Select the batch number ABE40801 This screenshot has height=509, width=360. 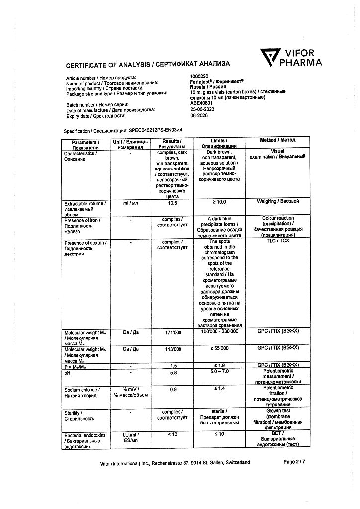[x=202, y=104]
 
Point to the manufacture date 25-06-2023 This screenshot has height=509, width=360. [x=203, y=110]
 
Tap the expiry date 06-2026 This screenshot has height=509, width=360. [x=199, y=115]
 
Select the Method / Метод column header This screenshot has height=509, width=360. [x=277, y=140]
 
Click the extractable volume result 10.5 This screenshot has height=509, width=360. [x=173, y=203]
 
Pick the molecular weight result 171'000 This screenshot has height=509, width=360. [x=172, y=332]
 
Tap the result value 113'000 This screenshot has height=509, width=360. [x=172, y=349]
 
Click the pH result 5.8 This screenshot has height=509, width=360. [x=173, y=372]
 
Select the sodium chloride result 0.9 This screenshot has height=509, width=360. [x=173, y=390]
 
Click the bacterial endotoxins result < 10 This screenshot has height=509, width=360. [x=172, y=435]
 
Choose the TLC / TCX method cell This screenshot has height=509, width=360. [x=277, y=242]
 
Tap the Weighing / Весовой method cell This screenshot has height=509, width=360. [x=277, y=201]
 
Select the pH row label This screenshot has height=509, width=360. [x=68, y=372]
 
